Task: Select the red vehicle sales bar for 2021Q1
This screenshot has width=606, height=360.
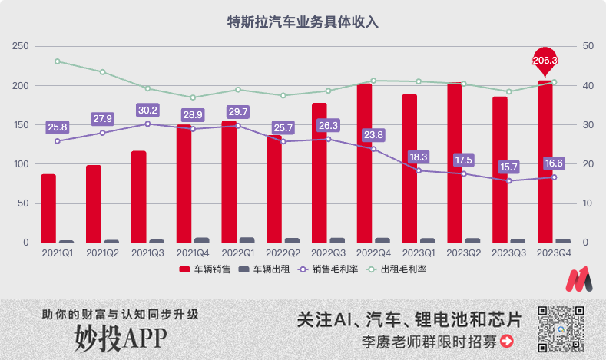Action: pos(48,208)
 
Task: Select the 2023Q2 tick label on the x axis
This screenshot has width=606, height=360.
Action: pos(464,252)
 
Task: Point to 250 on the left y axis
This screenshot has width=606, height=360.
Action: pos(21,46)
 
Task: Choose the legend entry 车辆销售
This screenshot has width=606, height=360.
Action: pos(204,269)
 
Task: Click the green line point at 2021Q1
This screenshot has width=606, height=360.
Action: pos(58,61)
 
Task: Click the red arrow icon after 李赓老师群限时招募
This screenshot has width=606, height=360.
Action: pos(506,341)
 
